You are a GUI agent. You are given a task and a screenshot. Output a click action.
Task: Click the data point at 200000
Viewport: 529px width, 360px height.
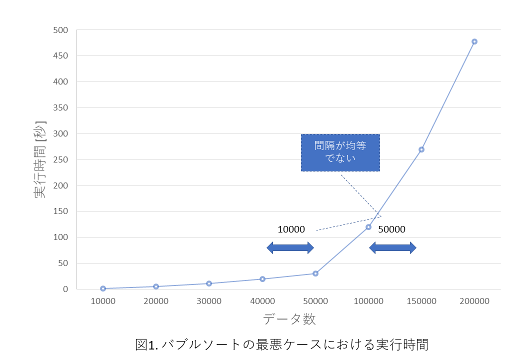(x=474, y=41)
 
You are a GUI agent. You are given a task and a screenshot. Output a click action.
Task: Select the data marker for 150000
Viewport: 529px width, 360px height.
(x=421, y=149)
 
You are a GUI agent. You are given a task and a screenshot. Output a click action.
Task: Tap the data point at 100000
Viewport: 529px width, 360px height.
(x=368, y=227)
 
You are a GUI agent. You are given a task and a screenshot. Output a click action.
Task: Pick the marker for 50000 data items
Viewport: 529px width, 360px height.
(x=315, y=273)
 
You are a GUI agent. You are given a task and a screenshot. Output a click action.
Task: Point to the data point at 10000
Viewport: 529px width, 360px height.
(x=103, y=288)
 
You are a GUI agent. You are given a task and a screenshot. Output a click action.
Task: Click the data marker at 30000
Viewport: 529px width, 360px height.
(x=209, y=283)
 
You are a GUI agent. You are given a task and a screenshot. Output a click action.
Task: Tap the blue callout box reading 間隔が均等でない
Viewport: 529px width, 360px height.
(x=340, y=152)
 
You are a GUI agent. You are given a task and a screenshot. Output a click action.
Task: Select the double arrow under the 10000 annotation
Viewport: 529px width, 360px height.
(x=290, y=247)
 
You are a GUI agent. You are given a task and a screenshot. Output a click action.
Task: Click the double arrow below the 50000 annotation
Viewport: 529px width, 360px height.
(x=392, y=247)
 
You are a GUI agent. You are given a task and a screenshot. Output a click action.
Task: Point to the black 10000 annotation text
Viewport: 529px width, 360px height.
(x=291, y=229)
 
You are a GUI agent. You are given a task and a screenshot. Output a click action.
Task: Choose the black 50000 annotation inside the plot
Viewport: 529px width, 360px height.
(x=391, y=229)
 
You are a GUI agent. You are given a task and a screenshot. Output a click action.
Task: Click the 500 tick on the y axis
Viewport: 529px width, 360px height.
(x=60, y=30)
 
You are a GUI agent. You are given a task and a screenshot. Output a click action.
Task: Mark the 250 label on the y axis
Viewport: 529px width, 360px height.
(x=60, y=159)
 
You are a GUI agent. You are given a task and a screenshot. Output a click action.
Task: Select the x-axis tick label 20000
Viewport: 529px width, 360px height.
(x=156, y=301)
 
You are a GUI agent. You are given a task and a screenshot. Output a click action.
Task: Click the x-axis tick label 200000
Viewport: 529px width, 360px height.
(x=474, y=301)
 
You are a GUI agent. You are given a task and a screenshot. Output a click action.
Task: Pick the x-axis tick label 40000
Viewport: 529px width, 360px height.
(x=262, y=301)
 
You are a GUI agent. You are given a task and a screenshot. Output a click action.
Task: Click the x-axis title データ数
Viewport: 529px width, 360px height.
(x=289, y=319)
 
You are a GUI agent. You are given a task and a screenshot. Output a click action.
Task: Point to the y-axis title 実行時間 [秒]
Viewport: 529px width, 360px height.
(x=40, y=159)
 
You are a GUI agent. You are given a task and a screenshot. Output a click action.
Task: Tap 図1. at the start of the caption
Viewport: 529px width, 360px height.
(x=146, y=344)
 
